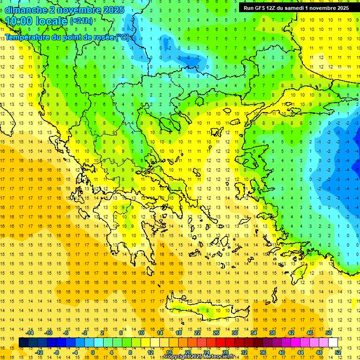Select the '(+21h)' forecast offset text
[81, 21]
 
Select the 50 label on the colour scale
[329, 333]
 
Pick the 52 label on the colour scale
[337, 352]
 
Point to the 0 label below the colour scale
[93, 352]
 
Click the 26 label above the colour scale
[216, 333]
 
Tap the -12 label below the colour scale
[39, 352]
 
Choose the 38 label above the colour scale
[272, 333]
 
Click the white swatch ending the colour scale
[333, 342]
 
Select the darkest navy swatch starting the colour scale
[23, 342]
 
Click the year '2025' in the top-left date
[110, 10]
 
